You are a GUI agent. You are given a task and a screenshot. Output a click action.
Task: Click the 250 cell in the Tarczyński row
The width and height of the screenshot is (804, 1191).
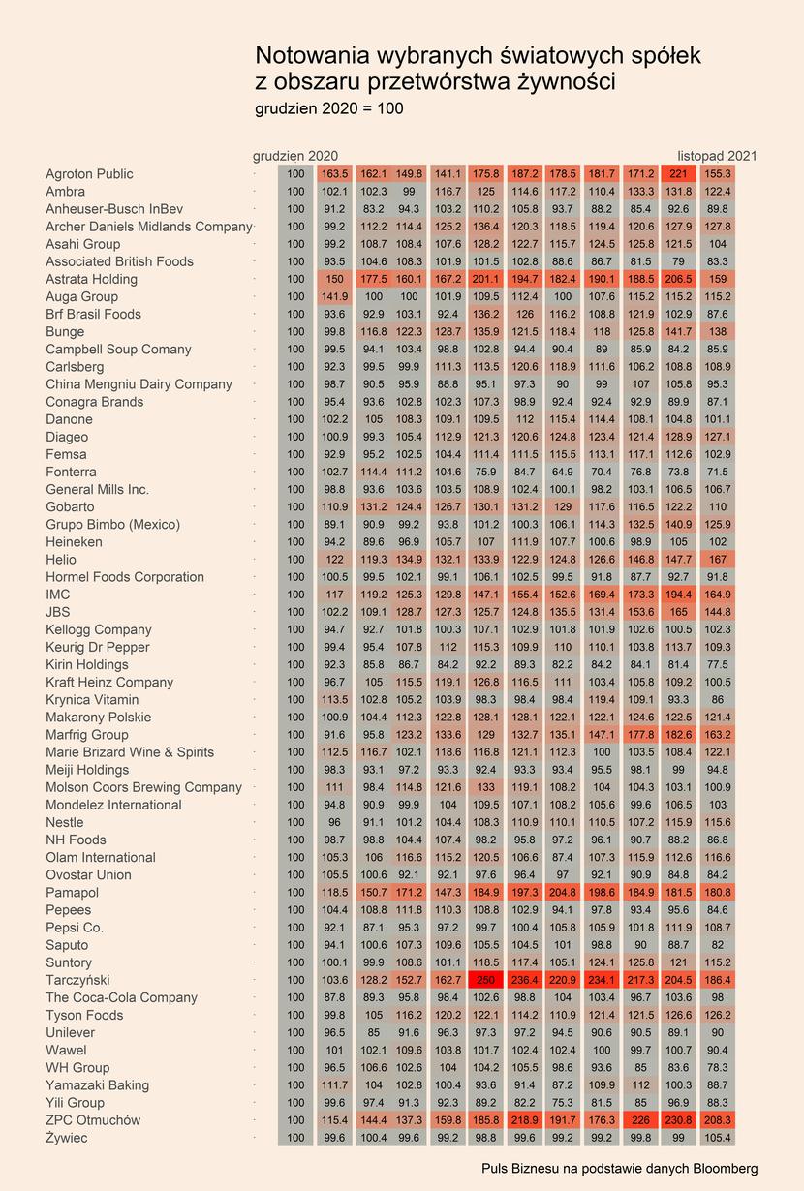click(485, 980)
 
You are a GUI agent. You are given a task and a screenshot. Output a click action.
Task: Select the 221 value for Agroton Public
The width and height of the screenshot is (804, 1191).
click(678, 174)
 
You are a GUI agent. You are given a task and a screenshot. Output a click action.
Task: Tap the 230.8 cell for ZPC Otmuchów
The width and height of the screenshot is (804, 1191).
click(678, 1119)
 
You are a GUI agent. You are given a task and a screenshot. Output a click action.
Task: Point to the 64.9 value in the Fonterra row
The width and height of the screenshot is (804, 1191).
click(563, 472)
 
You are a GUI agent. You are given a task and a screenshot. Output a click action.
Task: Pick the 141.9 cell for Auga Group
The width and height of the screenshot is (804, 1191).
click(334, 296)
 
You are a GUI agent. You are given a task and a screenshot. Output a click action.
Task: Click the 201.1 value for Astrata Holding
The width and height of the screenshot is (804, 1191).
click(485, 279)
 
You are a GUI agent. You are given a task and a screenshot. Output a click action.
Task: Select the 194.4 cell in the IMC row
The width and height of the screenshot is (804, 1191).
click(678, 595)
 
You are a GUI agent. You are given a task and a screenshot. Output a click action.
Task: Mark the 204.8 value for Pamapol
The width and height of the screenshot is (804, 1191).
click(563, 892)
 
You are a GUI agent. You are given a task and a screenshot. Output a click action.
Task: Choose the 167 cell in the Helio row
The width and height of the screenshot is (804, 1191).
click(718, 560)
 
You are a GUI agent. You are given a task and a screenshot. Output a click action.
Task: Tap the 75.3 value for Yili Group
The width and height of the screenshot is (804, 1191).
click(563, 1102)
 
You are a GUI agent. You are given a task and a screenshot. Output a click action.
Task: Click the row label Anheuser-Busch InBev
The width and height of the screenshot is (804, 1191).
click(114, 209)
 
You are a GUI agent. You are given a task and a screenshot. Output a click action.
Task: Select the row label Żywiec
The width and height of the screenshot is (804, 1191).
click(67, 1138)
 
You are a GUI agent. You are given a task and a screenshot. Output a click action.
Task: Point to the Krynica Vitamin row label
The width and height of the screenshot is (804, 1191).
click(92, 700)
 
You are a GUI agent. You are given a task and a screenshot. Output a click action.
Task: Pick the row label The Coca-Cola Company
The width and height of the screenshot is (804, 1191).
click(121, 997)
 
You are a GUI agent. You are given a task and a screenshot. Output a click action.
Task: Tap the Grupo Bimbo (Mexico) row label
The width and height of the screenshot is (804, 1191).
click(112, 524)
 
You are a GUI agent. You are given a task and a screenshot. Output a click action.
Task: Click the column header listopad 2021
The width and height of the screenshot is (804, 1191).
click(717, 156)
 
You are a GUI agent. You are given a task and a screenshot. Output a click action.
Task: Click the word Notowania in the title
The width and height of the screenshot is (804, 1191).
click(312, 55)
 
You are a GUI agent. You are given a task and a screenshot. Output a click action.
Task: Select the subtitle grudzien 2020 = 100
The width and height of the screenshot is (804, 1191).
click(329, 108)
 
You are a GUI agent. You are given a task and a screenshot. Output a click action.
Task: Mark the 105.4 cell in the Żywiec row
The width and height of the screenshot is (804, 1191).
click(718, 1138)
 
